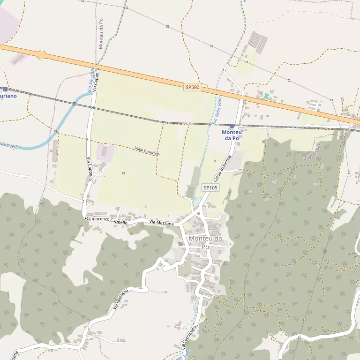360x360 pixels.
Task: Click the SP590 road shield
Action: click(x=192, y=87)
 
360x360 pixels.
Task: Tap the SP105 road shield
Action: click(x=210, y=187)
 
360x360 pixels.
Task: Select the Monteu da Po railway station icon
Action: click(x=232, y=126)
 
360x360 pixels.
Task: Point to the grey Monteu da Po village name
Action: click(x=205, y=242)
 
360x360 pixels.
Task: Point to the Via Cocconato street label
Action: click(x=190, y=336)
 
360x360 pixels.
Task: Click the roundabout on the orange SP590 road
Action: click(x=43, y=55)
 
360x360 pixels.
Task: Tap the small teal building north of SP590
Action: click(x=266, y=96)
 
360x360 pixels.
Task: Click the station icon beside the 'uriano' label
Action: click(x=5, y=89)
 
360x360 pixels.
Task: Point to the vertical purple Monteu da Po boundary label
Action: click(x=101, y=34)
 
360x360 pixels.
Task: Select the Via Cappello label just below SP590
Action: click(x=95, y=80)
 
